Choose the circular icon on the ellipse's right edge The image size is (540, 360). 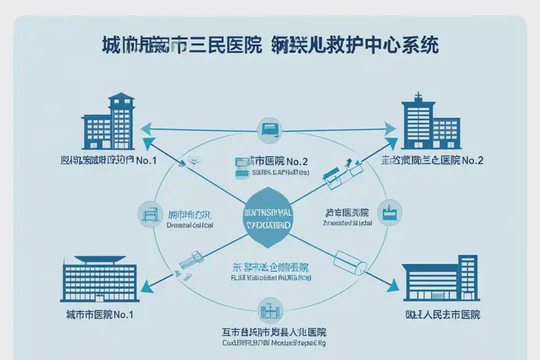coord(390,212)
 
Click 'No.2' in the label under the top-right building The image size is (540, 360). coord(472,161)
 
